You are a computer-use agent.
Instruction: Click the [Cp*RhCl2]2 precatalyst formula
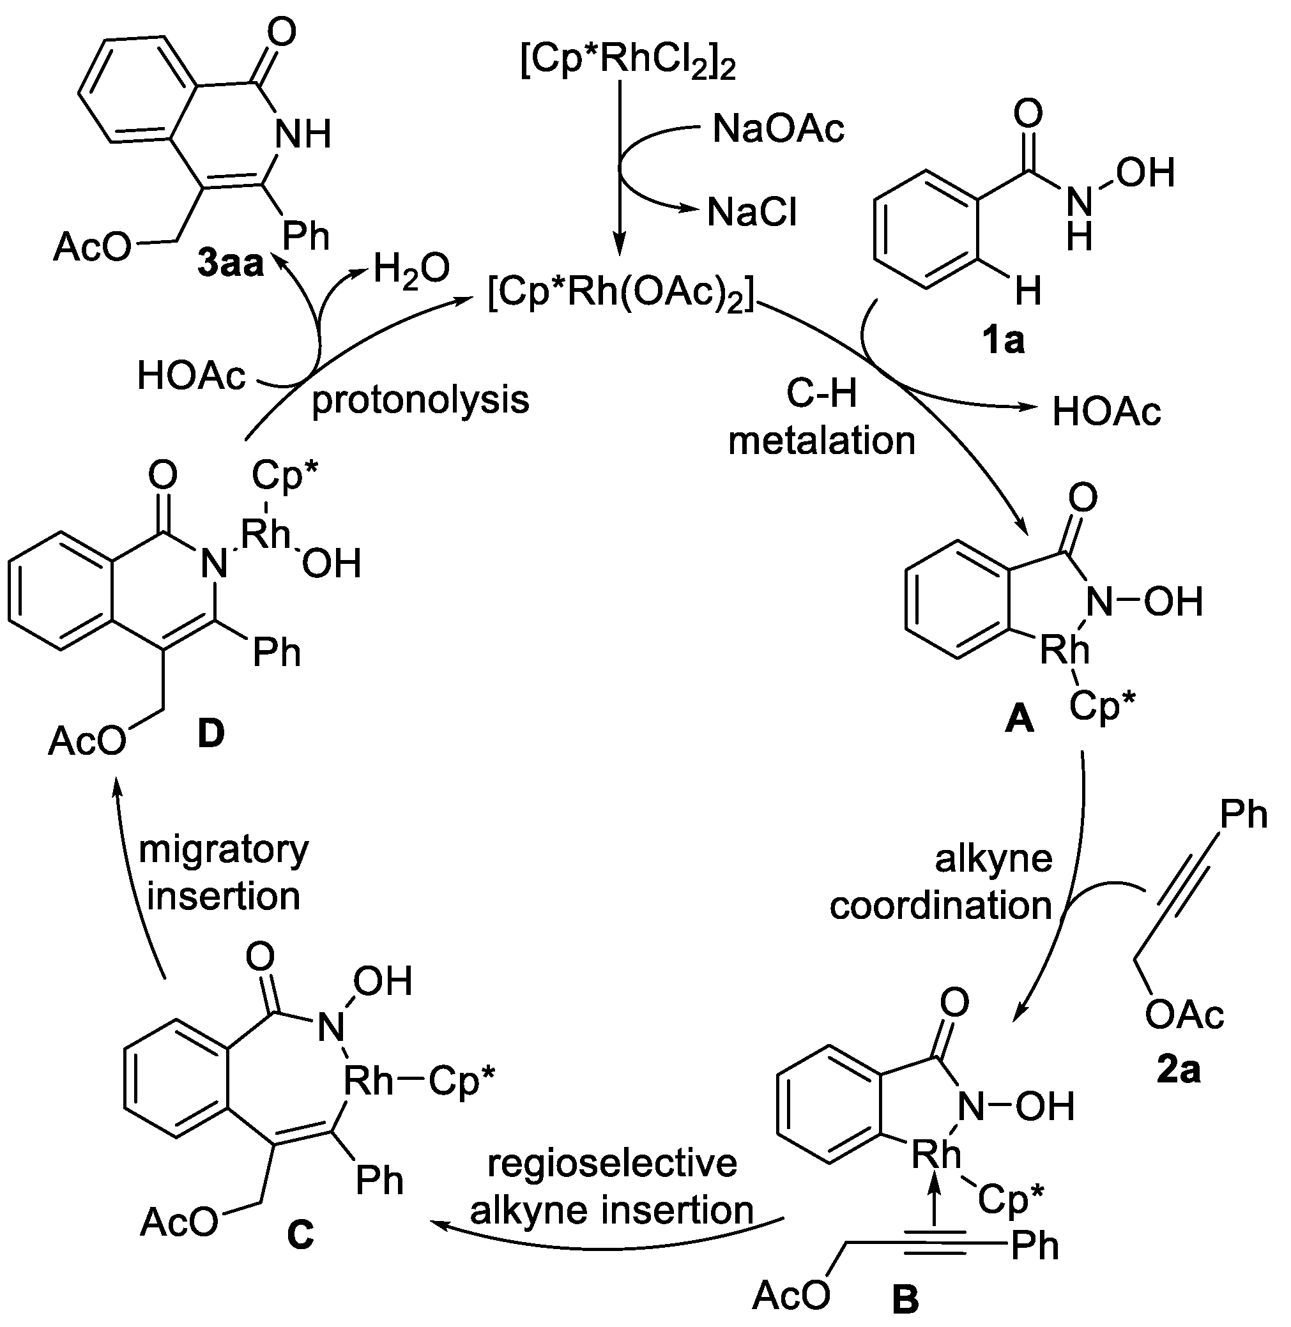tap(627, 63)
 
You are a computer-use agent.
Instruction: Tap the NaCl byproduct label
tap(752, 212)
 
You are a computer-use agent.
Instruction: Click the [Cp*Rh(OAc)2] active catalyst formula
tap(621, 296)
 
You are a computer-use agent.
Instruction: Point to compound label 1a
tap(1004, 341)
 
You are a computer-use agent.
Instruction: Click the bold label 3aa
tap(231, 264)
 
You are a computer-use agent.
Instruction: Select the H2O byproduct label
tap(411, 268)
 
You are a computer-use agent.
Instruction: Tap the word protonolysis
tap(420, 399)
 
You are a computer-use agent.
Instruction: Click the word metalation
tap(821, 441)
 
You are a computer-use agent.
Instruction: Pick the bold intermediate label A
tap(1019, 719)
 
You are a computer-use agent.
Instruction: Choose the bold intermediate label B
tap(905, 1298)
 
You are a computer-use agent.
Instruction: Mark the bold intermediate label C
tap(300, 1234)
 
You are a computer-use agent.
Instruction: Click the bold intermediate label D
tap(211, 734)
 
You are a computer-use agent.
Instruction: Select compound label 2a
tap(1179, 1070)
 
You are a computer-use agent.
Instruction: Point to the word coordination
tap(940, 906)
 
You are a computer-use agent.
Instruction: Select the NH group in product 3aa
tap(302, 133)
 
